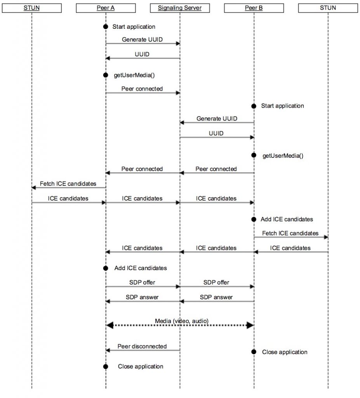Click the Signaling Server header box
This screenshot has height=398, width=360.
(179, 7)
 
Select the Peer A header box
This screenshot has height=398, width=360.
(106, 7)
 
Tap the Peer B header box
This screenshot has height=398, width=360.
(254, 7)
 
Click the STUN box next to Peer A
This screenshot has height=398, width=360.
(31, 7)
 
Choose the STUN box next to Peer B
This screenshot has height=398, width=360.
(328, 7)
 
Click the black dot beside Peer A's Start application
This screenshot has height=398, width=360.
(105, 27)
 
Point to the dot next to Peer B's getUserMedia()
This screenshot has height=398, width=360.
(254, 155)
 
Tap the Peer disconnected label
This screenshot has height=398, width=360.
(143, 346)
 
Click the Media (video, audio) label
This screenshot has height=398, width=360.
(182, 321)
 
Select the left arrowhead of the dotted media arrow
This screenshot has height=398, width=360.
(110, 325)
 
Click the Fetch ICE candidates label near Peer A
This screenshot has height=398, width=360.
(68, 183)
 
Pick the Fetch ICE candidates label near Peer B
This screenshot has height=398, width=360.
(290, 233)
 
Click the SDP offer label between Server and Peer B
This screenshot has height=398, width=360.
(216, 282)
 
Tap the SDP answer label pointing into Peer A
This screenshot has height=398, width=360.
(142, 297)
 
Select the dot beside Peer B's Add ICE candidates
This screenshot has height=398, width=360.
(254, 219)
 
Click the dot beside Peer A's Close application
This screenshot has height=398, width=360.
(105, 367)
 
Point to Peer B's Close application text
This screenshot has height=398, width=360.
(285, 352)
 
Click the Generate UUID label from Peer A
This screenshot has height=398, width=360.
(142, 39)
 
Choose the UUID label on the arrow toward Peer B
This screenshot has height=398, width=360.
(216, 133)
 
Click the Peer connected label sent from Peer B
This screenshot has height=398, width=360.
(216, 169)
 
